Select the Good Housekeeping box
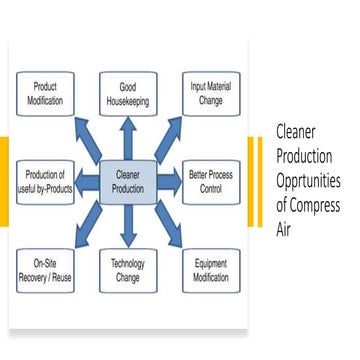coord(128,93)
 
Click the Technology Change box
coord(128,267)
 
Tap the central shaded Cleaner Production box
coord(128,181)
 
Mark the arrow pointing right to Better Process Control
coord(171,181)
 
